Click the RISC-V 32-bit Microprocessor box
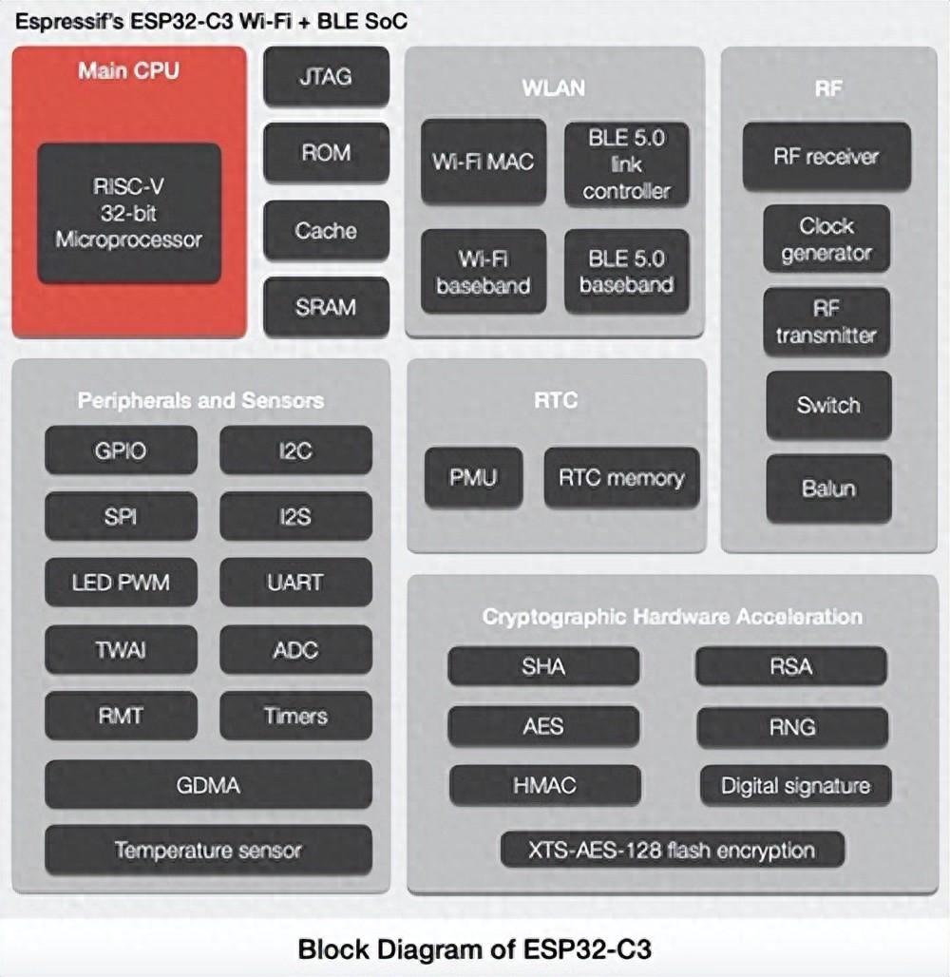point(129,213)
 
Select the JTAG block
point(326,77)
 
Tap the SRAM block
point(326,307)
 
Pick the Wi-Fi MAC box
point(484,162)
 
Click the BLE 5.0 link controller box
point(626,163)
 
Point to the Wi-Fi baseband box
point(484,271)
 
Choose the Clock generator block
point(826,239)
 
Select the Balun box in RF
point(828,488)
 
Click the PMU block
point(473,477)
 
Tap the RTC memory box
point(621,477)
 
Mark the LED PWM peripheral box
point(121,582)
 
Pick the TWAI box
point(121,650)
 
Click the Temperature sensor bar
point(208,850)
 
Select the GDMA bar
point(208,785)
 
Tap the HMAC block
point(544,785)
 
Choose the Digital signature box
point(795,785)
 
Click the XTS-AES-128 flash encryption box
point(672,849)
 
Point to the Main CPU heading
point(129,70)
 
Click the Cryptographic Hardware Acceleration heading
point(672,616)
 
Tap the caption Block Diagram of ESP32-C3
point(475,948)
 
